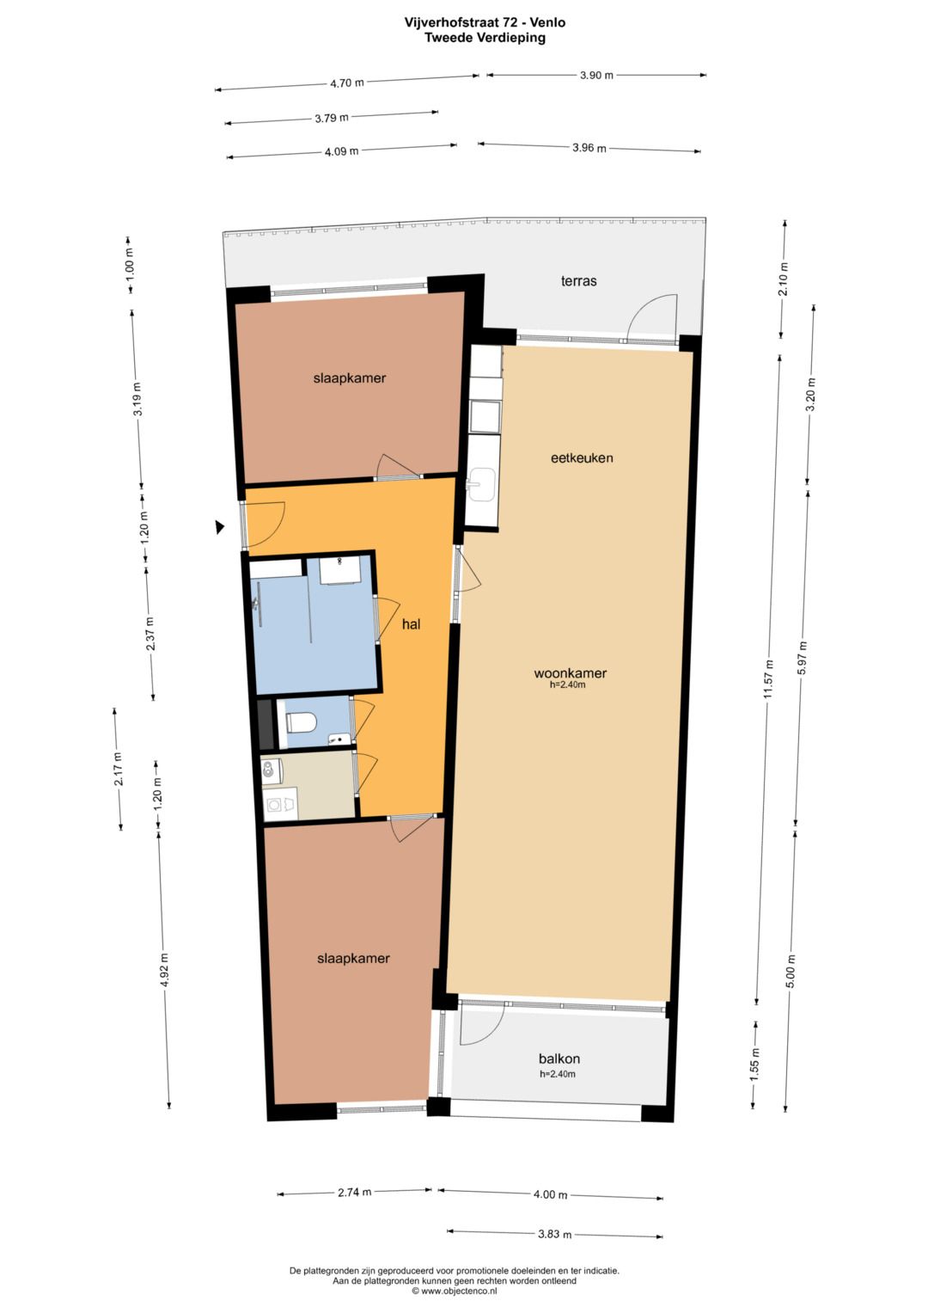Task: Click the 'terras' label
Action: coord(578,281)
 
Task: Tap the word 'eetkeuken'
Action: coord(582,458)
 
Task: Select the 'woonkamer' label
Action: coord(570,673)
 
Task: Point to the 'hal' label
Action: coord(411,624)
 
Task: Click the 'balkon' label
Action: coord(559,1059)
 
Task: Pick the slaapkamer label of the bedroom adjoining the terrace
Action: coord(349,378)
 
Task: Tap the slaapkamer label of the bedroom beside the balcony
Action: coord(353,959)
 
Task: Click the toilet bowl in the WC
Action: coord(300,721)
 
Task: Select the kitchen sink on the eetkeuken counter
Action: coord(481,483)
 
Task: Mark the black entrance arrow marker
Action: coord(220,527)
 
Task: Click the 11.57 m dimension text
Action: coord(769,678)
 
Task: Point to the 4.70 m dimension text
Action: coord(346,83)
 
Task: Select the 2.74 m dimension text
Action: coord(354,1193)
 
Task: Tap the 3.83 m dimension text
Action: coord(554,1234)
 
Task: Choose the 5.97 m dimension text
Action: coord(803,658)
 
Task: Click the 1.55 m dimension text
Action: coord(754,1065)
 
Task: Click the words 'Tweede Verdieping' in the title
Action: coord(485,38)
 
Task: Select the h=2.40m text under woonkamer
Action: coord(567,685)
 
